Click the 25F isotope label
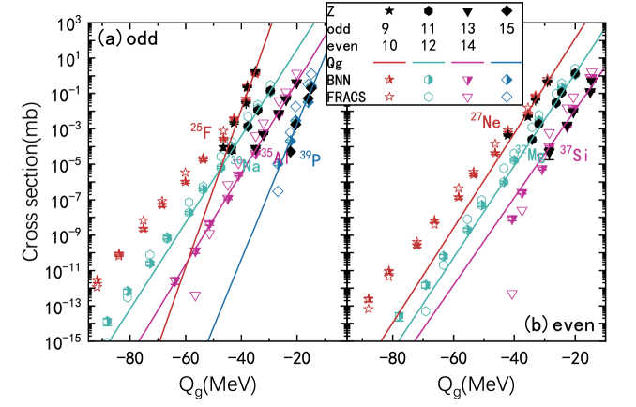click(201, 130)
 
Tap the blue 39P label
click(310, 158)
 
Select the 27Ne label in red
click(486, 120)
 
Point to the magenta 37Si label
click(574, 155)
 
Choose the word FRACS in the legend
click(347, 96)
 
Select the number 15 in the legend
click(507, 28)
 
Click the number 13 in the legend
click(467, 28)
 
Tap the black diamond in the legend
click(507, 11)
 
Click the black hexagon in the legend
click(428, 11)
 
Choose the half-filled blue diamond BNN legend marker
click(507, 80)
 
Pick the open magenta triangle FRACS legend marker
click(467, 96)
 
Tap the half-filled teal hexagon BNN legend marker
click(428, 80)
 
